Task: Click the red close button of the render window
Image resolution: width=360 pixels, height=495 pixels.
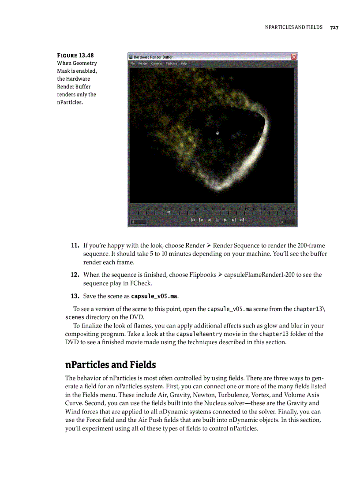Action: (294, 56)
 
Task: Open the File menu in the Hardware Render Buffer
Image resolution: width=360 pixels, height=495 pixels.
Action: (132, 63)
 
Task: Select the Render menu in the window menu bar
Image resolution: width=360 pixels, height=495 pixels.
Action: (143, 63)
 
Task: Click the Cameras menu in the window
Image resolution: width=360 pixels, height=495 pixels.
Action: (157, 63)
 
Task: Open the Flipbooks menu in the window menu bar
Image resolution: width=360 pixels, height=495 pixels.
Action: (171, 63)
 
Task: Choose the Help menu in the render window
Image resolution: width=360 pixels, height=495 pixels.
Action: (184, 63)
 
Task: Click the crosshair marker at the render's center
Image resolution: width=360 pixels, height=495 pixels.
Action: (217, 133)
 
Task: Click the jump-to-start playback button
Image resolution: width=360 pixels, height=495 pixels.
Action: (192, 220)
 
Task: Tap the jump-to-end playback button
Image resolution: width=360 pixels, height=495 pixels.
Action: (242, 220)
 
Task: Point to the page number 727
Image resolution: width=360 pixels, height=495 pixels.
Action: (334, 27)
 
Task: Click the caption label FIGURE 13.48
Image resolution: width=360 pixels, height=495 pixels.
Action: (75, 55)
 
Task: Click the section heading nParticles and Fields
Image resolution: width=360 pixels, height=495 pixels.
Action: (110, 365)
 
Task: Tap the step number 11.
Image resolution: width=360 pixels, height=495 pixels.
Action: (75, 245)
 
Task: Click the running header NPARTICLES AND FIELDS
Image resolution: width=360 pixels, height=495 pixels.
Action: (293, 27)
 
